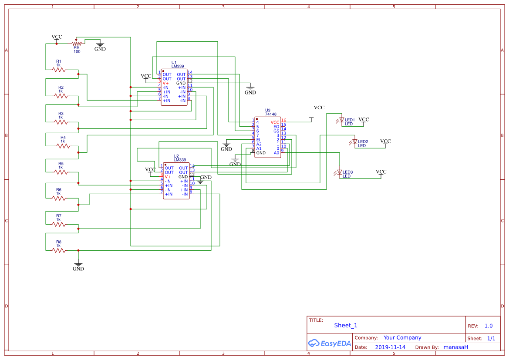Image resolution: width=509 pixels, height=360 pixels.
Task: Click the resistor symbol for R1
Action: pyautogui.click(x=58, y=70)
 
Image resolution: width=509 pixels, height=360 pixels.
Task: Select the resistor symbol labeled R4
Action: pyautogui.click(x=63, y=146)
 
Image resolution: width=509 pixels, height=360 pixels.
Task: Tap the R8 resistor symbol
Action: pyautogui.click(x=58, y=250)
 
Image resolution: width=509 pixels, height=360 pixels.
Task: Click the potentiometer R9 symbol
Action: pyautogui.click(x=77, y=43)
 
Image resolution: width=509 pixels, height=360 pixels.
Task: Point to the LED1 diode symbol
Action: pyautogui.click(x=341, y=120)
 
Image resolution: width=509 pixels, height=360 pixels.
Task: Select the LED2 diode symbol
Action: pyautogui.click(x=354, y=142)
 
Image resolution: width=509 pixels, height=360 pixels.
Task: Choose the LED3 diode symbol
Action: pyautogui.click(x=339, y=172)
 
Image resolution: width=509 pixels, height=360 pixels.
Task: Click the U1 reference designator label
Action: pyautogui.click(x=174, y=62)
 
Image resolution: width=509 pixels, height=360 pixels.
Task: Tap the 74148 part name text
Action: pyautogui.click(x=271, y=114)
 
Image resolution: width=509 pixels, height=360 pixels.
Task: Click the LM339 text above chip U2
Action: pyautogui.click(x=179, y=160)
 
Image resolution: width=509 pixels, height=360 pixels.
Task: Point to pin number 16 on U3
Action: pyautogui.click(x=284, y=120)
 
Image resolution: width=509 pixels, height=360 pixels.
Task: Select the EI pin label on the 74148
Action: pyautogui.click(x=258, y=140)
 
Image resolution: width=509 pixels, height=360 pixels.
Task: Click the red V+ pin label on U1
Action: pyautogui.click(x=165, y=83)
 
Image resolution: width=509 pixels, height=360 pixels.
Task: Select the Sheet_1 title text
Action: pyautogui.click(x=345, y=325)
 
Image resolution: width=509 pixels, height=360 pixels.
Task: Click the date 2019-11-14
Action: pyautogui.click(x=390, y=347)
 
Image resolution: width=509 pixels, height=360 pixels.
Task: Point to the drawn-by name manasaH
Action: pyautogui.click(x=455, y=347)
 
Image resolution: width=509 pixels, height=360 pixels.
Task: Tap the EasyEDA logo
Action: pyautogui.click(x=329, y=343)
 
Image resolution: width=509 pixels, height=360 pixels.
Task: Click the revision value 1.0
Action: pyautogui.click(x=488, y=326)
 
